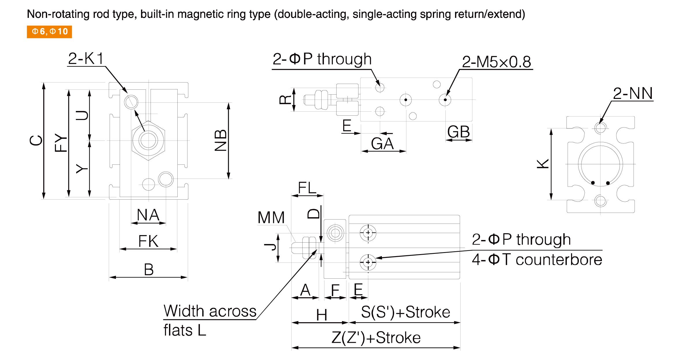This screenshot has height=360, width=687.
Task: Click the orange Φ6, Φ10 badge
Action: click(x=49, y=32)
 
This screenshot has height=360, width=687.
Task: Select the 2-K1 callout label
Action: click(x=86, y=59)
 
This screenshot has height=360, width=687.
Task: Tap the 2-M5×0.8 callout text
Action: click(x=496, y=62)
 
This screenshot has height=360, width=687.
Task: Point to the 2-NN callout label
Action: click(x=633, y=93)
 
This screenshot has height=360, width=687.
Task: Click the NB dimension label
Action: click(x=221, y=140)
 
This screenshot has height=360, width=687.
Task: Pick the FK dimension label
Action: click(x=148, y=241)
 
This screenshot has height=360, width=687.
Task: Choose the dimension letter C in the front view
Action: click(x=36, y=140)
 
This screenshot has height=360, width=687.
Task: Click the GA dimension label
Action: click(x=382, y=144)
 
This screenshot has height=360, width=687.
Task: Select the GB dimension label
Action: click(x=459, y=132)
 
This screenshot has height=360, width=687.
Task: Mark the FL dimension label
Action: click(x=307, y=188)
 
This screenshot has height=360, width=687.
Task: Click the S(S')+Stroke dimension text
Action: click(x=406, y=312)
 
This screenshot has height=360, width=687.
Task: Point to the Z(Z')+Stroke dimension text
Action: click(x=376, y=337)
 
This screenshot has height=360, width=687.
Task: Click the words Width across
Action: click(x=210, y=311)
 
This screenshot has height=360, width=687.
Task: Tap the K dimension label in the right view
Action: click(x=543, y=164)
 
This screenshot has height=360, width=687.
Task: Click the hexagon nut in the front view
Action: click(x=148, y=140)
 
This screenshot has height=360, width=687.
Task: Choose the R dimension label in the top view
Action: click(x=286, y=100)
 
